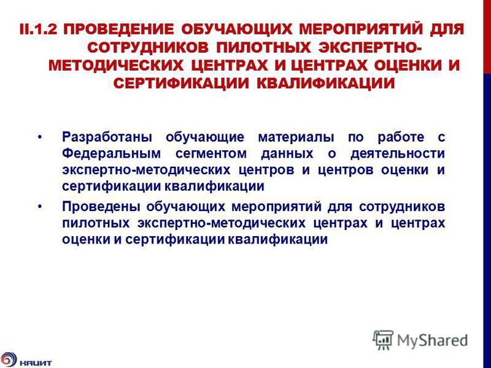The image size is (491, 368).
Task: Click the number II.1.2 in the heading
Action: [38, 29]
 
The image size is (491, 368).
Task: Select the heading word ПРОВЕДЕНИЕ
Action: [118, 29]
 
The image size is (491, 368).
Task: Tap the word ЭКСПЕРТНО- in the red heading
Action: [370, 48]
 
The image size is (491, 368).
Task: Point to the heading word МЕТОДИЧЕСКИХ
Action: [116, 66]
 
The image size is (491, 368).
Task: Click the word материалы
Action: [296, 137]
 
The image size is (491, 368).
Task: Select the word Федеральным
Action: [111, 154]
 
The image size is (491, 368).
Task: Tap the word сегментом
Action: [211, 154]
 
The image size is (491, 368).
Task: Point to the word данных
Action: [287, 154]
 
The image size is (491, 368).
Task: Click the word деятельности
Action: [398, 154]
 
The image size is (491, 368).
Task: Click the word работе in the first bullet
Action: [401, 137]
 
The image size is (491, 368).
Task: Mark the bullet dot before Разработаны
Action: [39, 137]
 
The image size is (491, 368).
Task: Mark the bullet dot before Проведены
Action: [39, 207]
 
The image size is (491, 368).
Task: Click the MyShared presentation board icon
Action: [383, 340]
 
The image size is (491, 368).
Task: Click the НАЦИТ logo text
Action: [36, 363]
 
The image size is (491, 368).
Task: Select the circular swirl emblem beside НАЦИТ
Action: [8, 360]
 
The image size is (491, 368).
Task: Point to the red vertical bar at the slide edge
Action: [487, 37]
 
